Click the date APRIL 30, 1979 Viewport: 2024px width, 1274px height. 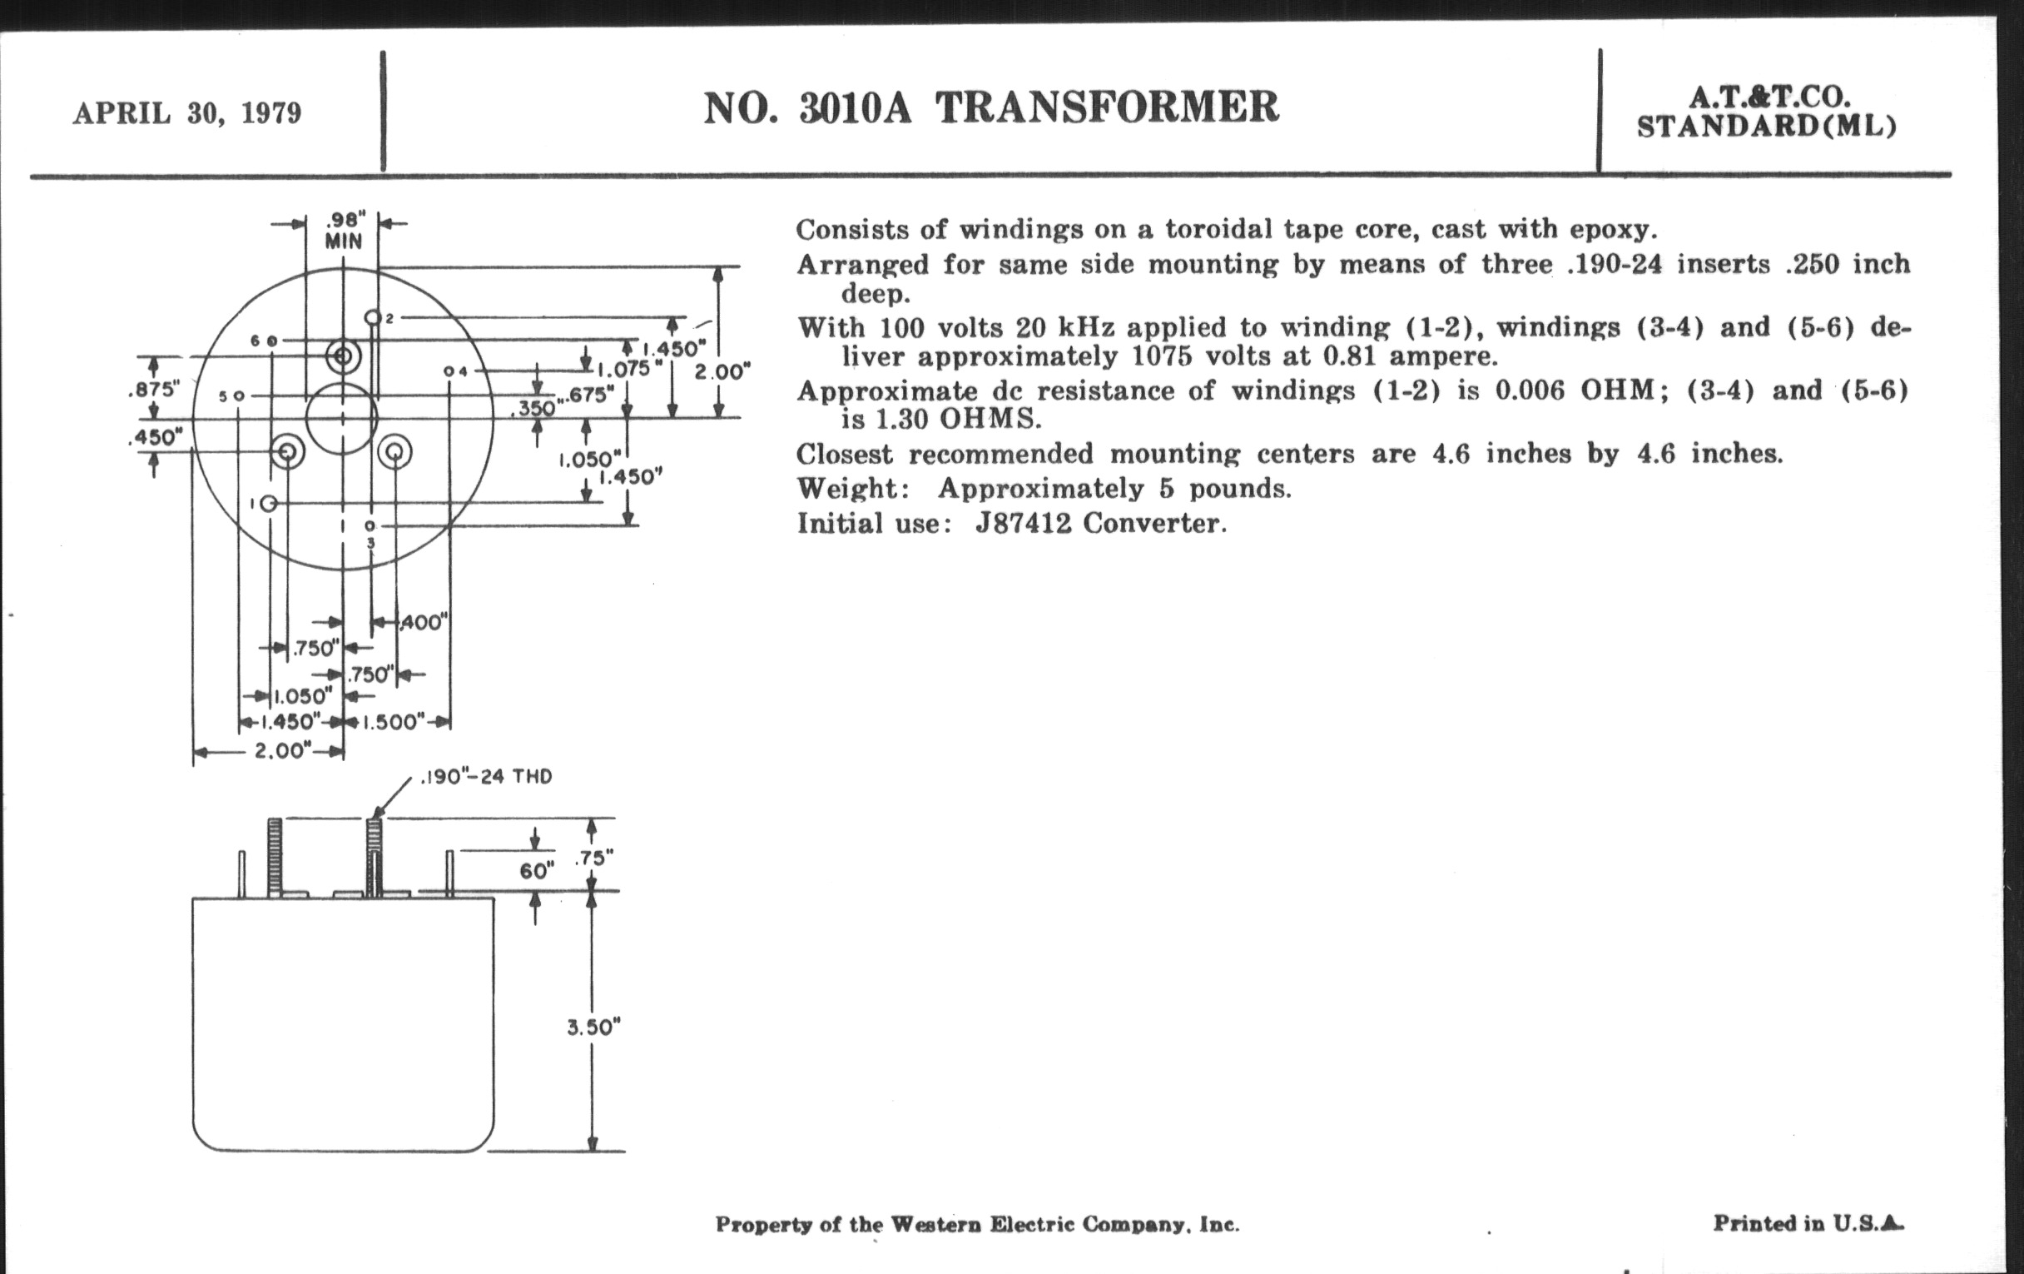[186, 113]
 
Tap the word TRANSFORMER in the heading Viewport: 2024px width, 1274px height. [1107, 108]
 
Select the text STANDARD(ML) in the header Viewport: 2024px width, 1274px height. [1767, 127]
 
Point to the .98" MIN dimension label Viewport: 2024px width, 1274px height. [344, 231]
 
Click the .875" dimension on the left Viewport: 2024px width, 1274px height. [154, 390]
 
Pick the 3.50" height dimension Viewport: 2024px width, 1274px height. [593, 1028]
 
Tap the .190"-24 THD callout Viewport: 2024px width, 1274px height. [485, 776]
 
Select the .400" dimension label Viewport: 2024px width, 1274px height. [423, 623]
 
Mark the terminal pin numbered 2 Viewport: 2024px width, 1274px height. [372, 318]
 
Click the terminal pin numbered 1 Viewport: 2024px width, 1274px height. [268, 503]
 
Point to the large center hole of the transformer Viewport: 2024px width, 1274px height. [341, 418]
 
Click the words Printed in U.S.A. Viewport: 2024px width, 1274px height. [1808, 1222]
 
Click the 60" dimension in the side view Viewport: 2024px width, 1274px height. [536, 871]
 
